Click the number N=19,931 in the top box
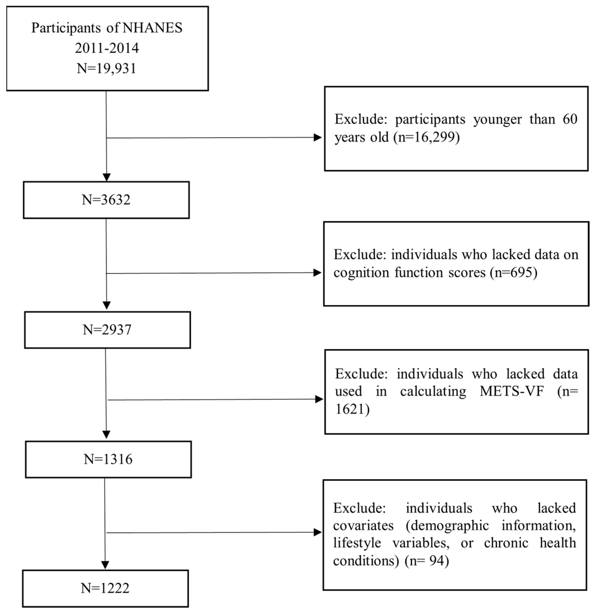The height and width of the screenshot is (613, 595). [106, 68]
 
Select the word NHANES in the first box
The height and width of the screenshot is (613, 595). [152, 28]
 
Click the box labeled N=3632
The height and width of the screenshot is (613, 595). [106, 200]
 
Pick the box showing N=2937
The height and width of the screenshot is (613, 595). [107, 330]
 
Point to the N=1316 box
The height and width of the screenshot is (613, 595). [108, 459]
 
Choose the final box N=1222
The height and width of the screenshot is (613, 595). [105, 588]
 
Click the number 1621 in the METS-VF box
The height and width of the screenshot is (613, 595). [350, 409]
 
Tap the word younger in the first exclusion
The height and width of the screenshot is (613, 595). [497, 120]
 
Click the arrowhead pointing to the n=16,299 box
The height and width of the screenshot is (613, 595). [318, 137]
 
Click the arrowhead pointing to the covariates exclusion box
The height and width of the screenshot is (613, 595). [318, 532]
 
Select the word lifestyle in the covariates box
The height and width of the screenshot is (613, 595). [357, 543]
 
